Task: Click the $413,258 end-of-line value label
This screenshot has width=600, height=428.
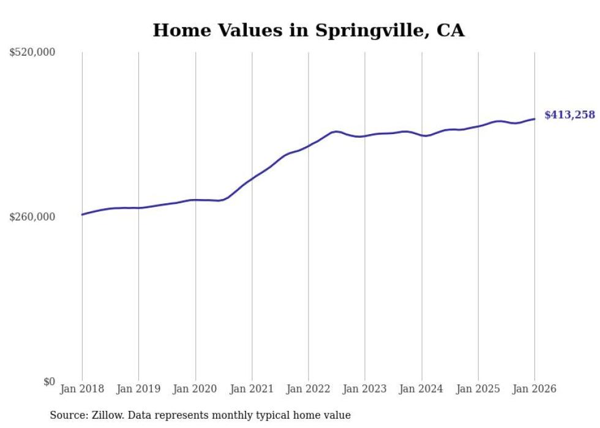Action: click(569, 115)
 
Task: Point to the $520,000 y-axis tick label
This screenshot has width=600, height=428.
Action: click(32, 53)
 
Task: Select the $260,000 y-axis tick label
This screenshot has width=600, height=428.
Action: click(32, 217)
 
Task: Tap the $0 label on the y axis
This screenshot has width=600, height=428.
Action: click(49, 381)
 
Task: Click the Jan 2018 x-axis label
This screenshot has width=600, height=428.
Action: click(82, 389)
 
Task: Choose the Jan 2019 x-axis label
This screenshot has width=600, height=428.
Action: click(138, 389)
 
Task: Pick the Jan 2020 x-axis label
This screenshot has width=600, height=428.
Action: click(195, 389)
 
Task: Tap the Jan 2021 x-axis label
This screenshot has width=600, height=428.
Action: click(252, 389)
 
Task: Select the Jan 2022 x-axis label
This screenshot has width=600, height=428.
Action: click(309, 389)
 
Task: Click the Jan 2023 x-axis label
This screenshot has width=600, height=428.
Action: click(365, 389)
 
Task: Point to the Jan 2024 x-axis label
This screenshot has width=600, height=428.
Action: click(421, 389)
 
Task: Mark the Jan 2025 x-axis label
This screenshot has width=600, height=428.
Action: click(478, 389)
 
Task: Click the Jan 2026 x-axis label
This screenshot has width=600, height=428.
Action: click(534, 389)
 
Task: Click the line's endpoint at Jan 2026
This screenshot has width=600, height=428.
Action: click(534, 119)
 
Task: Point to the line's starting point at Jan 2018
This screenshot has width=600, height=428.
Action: click(82, 214)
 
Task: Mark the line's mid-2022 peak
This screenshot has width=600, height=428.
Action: click(336, 131)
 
